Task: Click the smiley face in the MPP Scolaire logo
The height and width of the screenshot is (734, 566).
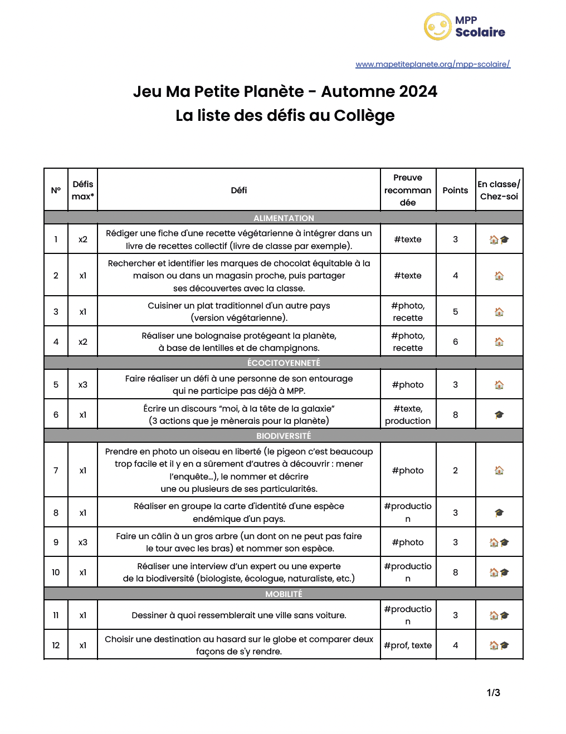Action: pyautogui.click(x=437, y=27)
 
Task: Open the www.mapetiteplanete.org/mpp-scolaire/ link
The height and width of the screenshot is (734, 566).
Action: pyautogui.click(x=433, y=64)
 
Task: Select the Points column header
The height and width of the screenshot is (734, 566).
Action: pyautogui.click(x=455, y=190)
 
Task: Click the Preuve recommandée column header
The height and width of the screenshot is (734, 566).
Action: pyautogui.click(x=408, y=190)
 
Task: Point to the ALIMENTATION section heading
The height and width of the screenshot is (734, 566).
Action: pyautogui.click(x=284, y=218)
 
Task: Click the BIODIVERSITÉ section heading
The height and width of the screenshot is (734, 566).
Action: pyautogui.click(x=284, y=435)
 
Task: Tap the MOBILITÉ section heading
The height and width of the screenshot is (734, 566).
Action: pyautogui.click(x=284, y=594)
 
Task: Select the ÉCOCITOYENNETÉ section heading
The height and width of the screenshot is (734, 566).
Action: pyautogui.click(x=284, y=363)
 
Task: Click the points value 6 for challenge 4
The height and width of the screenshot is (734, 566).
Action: pyautogui.click(x=455, y=342)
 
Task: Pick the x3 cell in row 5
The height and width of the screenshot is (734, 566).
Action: pyautogui.click(x=82, y=385)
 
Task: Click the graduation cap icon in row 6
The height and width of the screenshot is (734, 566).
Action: pyautogui.click(x=499, y=415)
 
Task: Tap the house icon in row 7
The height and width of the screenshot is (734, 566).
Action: pyautogui.click(x=499, y=471)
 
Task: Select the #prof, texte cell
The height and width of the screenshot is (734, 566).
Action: pyautogui.click(x=408, y=645)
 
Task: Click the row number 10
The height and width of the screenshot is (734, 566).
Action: pyautogui.click(x=56, y=572)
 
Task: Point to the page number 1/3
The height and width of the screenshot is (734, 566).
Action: pyautogui.click(x=493, y=693)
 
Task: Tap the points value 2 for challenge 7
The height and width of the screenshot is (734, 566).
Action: pyautogui.click(x=455, y=471)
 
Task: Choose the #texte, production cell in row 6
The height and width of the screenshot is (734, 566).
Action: pyautogui.click(x=408, y=415)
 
